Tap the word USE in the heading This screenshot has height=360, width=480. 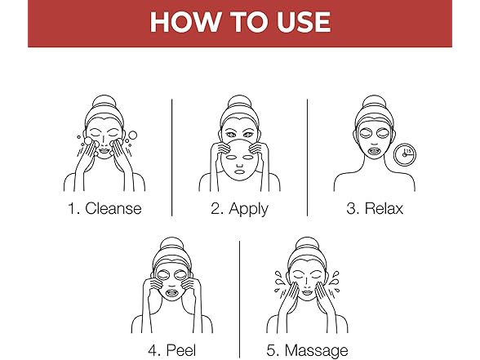(304, 22)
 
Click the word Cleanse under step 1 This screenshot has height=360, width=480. (113, 208)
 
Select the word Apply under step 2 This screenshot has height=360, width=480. (248, 209)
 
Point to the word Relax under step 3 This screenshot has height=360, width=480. (384, 208)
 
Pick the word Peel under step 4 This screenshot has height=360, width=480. (181, 350)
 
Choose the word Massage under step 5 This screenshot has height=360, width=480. (317, 351)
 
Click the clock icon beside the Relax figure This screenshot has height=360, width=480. (405, 154)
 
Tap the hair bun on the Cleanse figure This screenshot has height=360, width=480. (104, 102)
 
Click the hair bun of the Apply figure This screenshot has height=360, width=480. (239, 102)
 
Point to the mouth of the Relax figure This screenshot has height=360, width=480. (375, 151)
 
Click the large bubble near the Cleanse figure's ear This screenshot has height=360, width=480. (132, 136)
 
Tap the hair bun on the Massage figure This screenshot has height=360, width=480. (307, 243)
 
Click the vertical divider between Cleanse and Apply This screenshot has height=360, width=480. (171, 158)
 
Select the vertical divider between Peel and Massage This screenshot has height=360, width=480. (239, 300)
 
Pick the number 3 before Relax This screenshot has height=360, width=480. (351, 209)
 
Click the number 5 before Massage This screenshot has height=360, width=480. (272, 350)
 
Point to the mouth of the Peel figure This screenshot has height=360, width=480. (172, 293)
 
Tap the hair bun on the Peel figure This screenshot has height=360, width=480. (171, 243)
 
